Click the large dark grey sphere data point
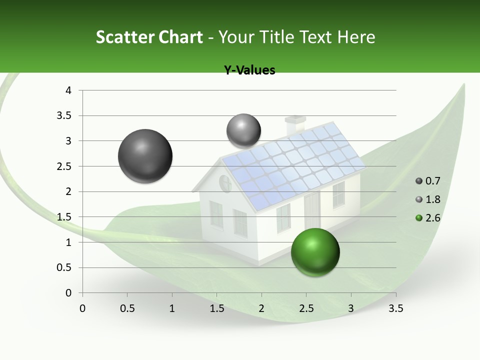click(x=145, y=156)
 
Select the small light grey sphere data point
click(x=243, y=131)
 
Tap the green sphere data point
click(x=315, y=252)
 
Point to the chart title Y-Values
click(x=249, y=70)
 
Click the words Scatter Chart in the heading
click(x=149, y=37)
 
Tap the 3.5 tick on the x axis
click(x=395, y=308)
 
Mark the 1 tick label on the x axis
click(x=172, y=308)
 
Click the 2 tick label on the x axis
click(x=261, y=308)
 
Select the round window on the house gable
click(x=225, y=183)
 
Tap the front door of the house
click(x=312, y=210)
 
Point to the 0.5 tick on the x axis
click(x=127, y=308)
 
